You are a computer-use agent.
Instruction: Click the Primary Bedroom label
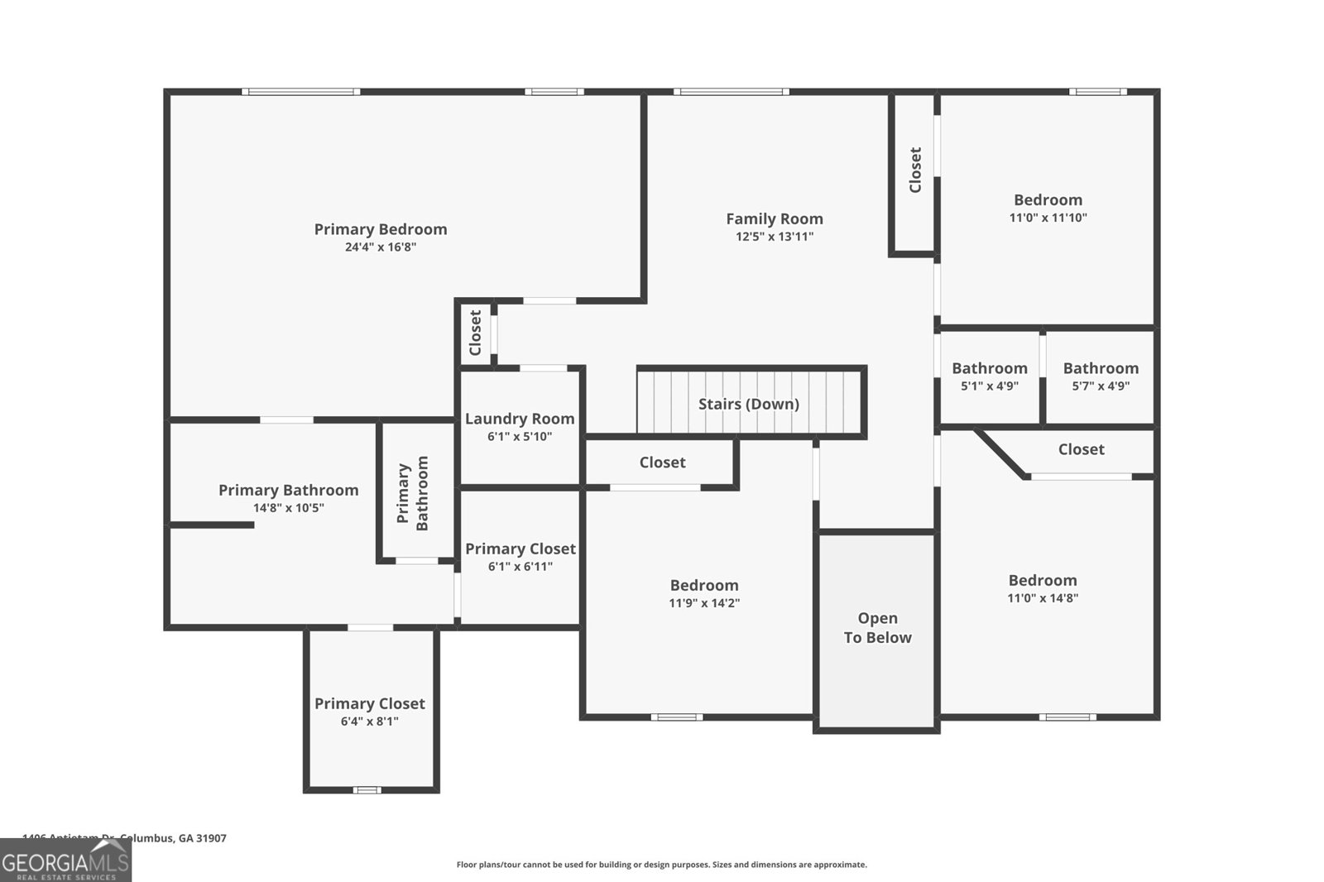tap(380, 229)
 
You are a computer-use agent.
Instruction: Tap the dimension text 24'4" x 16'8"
tap(380, 247)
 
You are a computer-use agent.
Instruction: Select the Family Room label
tap(775, 218)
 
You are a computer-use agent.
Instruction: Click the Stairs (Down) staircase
tap(749, 403)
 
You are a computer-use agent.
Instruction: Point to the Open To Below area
tap(877, 629)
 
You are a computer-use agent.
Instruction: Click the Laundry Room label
tap(520, 419)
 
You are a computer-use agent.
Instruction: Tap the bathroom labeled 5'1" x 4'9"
tap(989, 376)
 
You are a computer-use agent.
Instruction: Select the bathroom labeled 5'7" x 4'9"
tap(1101, 376)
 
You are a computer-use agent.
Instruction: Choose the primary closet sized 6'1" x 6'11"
tap(520, 557)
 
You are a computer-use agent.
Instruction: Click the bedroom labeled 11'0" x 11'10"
tap(1048, 208)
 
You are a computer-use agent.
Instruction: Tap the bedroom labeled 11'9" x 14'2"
tap(703, 593)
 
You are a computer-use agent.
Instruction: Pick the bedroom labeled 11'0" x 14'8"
tap(1043, 588)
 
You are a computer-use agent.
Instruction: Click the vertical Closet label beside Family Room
tap(915, 170)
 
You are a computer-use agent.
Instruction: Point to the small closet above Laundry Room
tap(475, 333)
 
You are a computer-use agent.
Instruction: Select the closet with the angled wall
tap(1081, 449)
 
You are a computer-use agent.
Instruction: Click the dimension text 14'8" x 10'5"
tap(288, 508)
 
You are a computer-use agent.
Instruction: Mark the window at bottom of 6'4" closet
tap(367, 790)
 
